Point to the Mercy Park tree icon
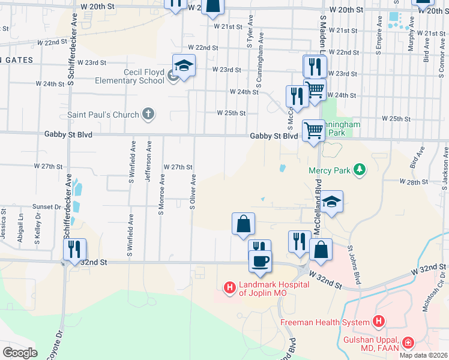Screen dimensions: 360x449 tap(360, 170)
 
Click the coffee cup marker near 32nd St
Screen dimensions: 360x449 tap(261, 261)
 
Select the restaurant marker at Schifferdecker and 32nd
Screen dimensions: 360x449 tap(74, 248)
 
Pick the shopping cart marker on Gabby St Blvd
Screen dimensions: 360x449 tap(313, 130)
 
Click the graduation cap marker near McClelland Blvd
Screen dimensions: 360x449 tap(331, 202)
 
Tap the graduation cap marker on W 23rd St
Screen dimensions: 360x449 tap(184, 65)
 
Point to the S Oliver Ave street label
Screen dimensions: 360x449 tap(193, 192)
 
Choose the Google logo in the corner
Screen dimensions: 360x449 tap(20, 353)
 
